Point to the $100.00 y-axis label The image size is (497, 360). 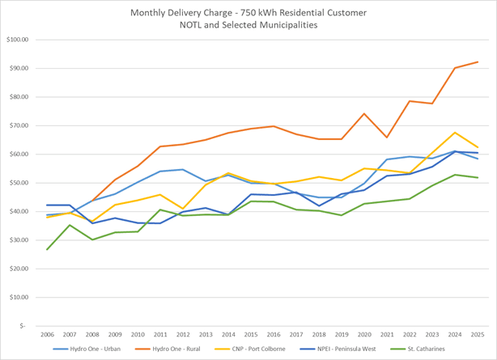pyautogui.click(x=17, y=40)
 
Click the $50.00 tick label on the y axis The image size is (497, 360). pyautogui.click(x=19, y=183)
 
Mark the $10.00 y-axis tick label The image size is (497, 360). pyautogui.click(x=19, y=298)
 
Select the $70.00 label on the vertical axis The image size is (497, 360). pyautogui.click(x=19, y=125)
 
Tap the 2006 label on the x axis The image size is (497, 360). pyautogui.click(x=47, y=334)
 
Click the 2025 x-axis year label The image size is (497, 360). pyautogui.click(x=478, y=334)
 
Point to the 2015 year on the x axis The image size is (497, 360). pyautogui.click(x=251, y=334)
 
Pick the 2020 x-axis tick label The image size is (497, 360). pyautogui.click(x=364, y=334)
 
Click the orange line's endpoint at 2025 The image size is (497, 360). pyautogui.click(x=478, y=62)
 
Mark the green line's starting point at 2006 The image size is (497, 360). pyautogui.click(x=47, y=249)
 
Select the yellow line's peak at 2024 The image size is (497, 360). pyautogui.click(x=455, y=133)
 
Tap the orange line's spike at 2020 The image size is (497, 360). pyautogui.click(x=364, y=114)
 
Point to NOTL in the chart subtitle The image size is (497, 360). pyautogui.click(x=198, y=26)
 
